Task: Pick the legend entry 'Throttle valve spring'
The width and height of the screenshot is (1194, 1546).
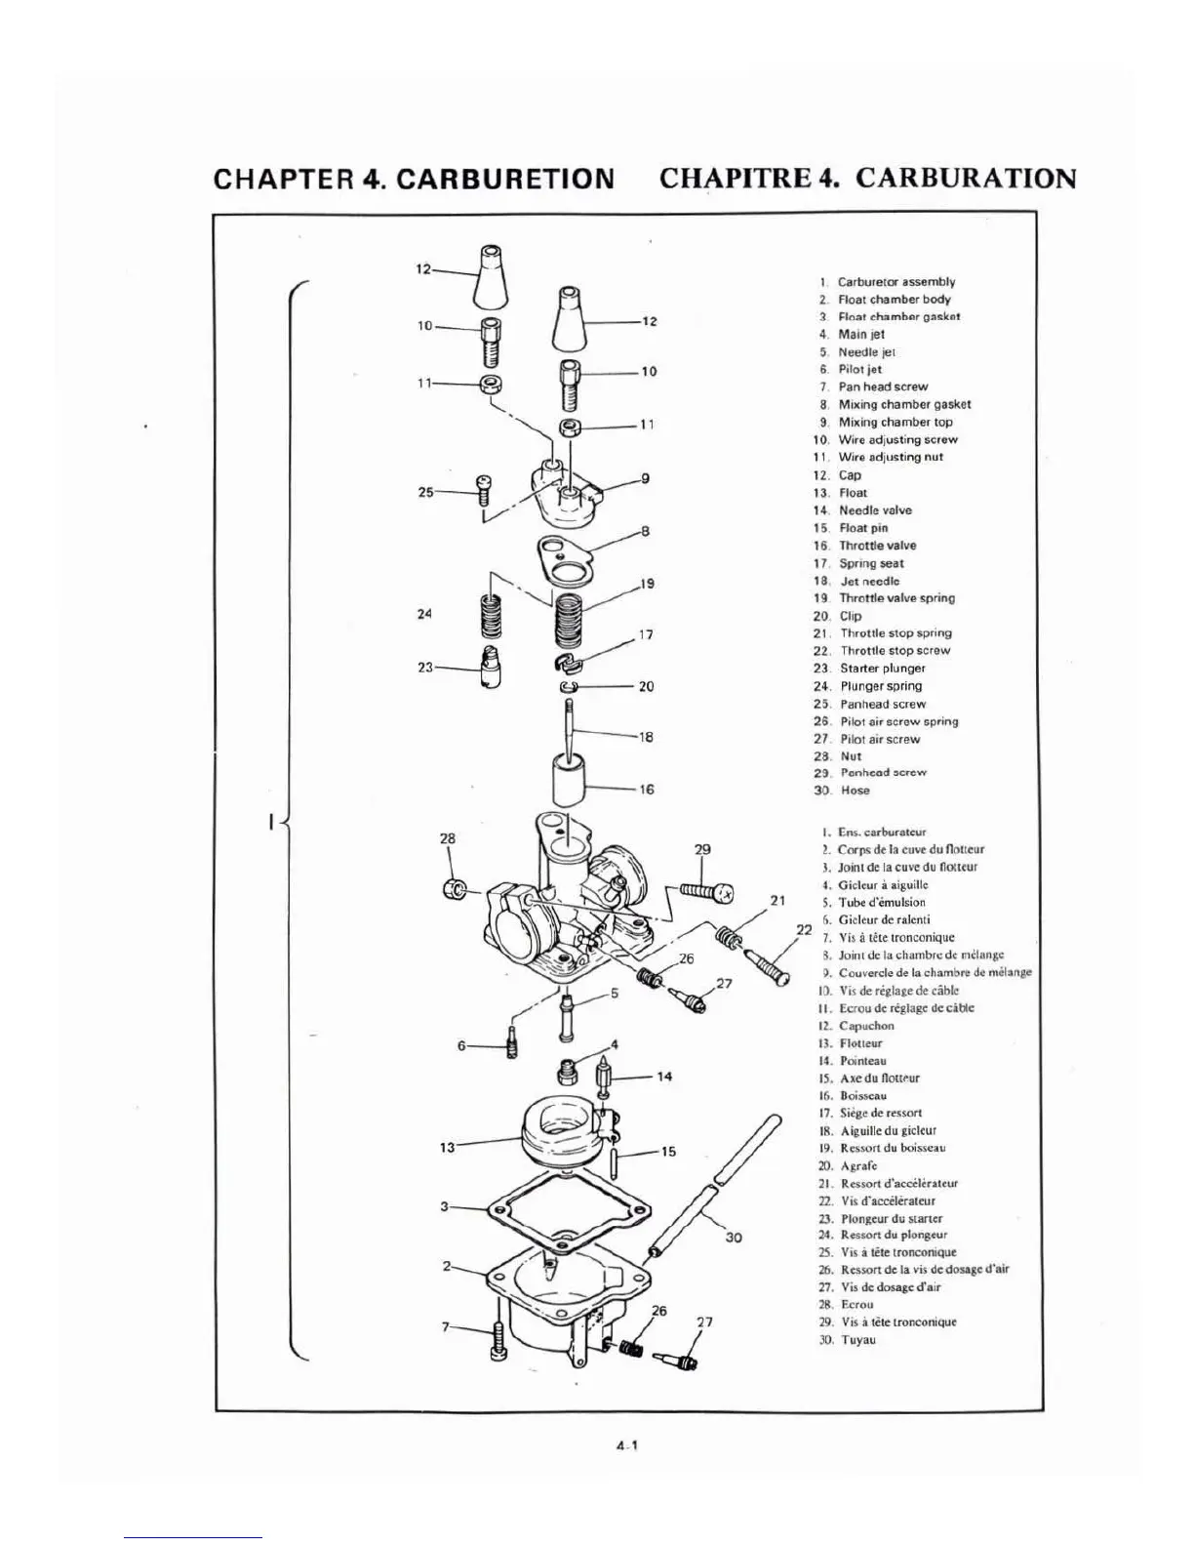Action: pos(896,598)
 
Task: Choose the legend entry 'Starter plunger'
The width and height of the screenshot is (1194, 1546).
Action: pos(882,669)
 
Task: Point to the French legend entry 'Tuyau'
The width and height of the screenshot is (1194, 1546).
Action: pos(858,1340)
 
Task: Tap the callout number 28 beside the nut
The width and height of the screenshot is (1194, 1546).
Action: pos(448,838)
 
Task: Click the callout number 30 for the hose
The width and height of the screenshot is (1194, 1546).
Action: pos(735,1238)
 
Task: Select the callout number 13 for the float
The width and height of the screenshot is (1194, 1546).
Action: pos(447,1148)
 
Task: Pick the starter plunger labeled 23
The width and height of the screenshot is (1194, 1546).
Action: pos(491,671)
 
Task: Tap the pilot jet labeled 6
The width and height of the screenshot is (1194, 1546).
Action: pos(510,1045)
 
